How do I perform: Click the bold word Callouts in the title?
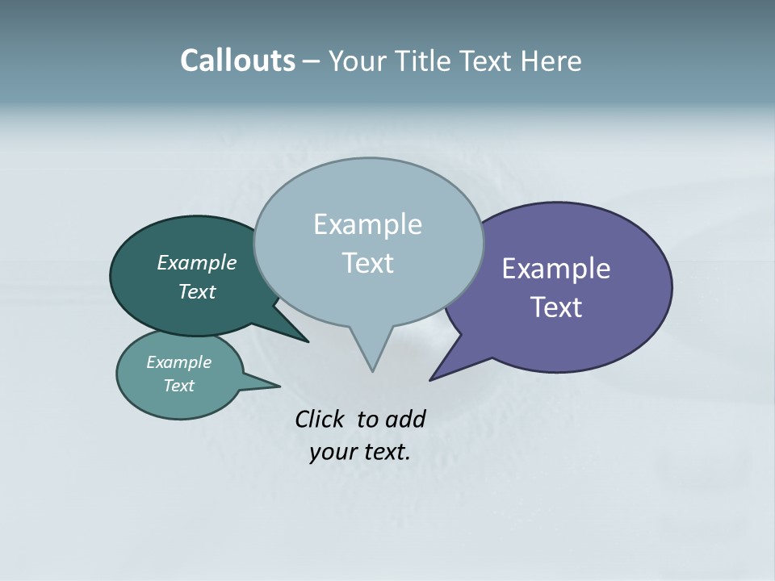[237, 61]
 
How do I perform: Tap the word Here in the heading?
[551, 61]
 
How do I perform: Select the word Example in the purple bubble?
[556, 269]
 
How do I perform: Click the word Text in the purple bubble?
[556, 307]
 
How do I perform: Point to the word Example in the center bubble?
[367, 224]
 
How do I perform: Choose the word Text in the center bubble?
[368, 263]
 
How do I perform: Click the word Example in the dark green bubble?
[196, 263]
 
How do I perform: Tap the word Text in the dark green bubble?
[196, 292]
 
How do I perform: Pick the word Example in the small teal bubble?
[178, 362]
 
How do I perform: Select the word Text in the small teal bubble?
[178, 386]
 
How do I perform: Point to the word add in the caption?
[405, 419]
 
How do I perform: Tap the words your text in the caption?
[359, 452]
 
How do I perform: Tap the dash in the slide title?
[312, 61]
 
